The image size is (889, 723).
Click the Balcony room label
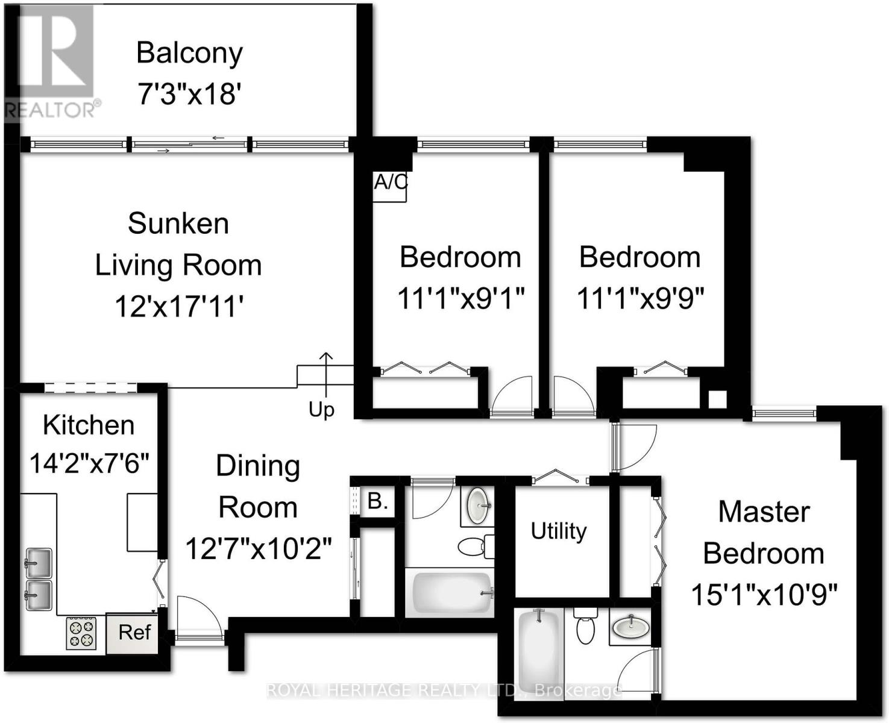click(x=189, y=53)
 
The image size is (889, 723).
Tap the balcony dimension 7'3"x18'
click(x=189, y=94)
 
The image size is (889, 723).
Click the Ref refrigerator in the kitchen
click(x=134, y=633)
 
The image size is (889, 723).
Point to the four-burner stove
click(x=81, y=633)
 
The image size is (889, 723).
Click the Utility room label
click(x=558, y=531)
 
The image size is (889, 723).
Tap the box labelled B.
click(x=377, y=501)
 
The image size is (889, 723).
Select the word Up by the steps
click(x=321, y=410)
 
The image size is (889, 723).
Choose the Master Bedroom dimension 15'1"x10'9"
click(x=764, y=595)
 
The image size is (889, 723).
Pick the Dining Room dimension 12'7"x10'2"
click(x=258, y=549)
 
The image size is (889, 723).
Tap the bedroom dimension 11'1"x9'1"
click(x=460, y=298)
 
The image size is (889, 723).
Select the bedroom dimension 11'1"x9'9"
click(x=640, y=298)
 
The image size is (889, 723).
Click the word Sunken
click(x=178, y=224)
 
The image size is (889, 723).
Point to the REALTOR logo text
click(x=51, y=110)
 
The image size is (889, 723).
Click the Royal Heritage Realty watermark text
click(x=443, y=690)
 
